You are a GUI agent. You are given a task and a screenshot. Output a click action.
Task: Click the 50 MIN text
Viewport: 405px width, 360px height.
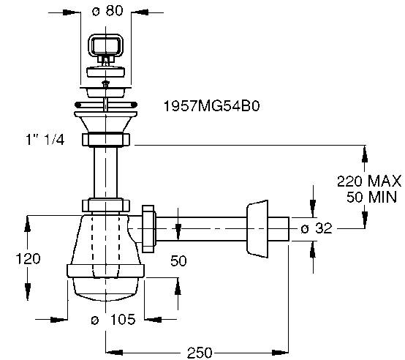point(370,195)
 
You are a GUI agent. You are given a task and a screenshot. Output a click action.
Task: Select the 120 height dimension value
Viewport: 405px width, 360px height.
point(27,258)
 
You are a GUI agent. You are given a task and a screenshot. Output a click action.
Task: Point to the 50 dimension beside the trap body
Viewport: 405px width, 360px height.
point(179,260)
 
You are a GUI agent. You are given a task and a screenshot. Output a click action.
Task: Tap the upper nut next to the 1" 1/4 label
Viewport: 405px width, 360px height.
point(107,140)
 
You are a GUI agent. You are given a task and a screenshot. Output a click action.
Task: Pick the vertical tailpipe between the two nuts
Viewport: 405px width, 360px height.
point(107,173)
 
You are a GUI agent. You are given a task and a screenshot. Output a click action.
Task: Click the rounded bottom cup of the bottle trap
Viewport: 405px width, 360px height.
point(107,288)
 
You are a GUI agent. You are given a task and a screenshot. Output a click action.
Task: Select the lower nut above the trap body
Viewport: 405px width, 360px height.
point(107,206)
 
